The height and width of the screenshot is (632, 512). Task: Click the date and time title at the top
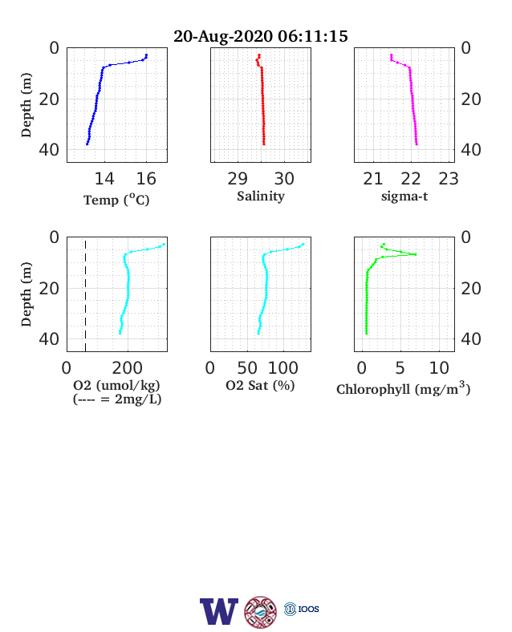point(261,36)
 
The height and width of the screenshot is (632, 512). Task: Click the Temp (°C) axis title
point(116,200)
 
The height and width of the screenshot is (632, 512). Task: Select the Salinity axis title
point(261,196)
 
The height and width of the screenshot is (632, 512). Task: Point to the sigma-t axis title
point(404,196)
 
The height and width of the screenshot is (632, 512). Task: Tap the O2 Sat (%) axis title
point(260,385)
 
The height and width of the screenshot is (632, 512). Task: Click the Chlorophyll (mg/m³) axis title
point(404,388)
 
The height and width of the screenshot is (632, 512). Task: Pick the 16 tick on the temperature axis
point(146,179)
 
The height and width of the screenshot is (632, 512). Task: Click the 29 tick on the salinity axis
point(238,179)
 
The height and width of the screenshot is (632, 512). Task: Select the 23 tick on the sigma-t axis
point(449,179)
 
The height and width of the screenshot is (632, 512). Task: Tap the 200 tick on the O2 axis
point(128,368)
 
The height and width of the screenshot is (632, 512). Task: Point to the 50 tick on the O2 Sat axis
point(247,368)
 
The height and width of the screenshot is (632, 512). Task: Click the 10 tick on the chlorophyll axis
point(439,368)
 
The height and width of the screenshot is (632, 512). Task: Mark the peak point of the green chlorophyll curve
point(415,254)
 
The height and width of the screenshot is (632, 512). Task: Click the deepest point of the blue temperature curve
point(87,144)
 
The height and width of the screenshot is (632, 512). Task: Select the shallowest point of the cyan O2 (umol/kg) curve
point(164,245)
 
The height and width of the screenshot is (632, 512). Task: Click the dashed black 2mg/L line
point(86,294)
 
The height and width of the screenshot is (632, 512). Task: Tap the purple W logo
point(219,611)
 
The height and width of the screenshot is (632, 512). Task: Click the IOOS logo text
point(309,609)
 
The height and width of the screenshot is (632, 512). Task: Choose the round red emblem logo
point(261,611)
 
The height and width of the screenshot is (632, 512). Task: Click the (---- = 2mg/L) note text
point(117,399)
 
